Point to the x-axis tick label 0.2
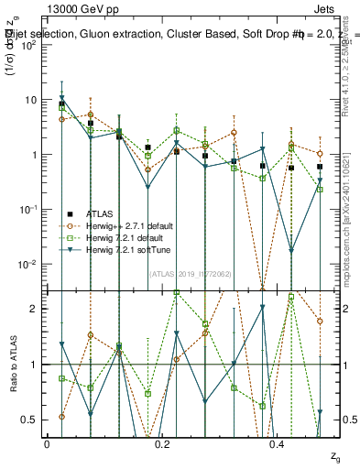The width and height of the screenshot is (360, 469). point(162,444)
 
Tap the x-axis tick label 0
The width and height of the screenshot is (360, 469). point(47,444)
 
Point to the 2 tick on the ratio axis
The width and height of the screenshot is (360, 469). point(33,309)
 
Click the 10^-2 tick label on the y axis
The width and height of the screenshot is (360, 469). point(27,265)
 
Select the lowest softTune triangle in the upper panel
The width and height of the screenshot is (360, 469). point(291,251)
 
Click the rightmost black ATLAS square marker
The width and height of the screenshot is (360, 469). point(320,167)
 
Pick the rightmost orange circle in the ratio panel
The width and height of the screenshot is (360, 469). point(320,322)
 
